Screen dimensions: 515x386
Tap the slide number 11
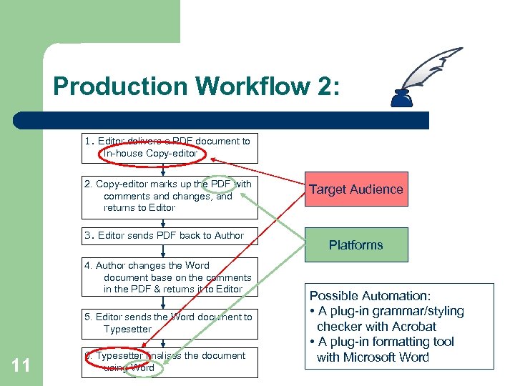[21, 366]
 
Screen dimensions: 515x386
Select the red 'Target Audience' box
[356, 189]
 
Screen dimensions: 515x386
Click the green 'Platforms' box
[356, 244]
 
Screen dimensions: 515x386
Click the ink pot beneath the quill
[401, 99]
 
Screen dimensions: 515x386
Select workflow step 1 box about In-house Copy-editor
[167, 147]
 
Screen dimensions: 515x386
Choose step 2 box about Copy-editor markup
[167, 196]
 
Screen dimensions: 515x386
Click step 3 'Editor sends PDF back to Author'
[167, 236]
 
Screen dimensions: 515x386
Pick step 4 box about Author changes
[167, 277]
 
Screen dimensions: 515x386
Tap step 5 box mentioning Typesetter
[167, 323]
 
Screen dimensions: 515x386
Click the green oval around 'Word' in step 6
[145, 368]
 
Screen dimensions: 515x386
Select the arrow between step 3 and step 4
[164, 252]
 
